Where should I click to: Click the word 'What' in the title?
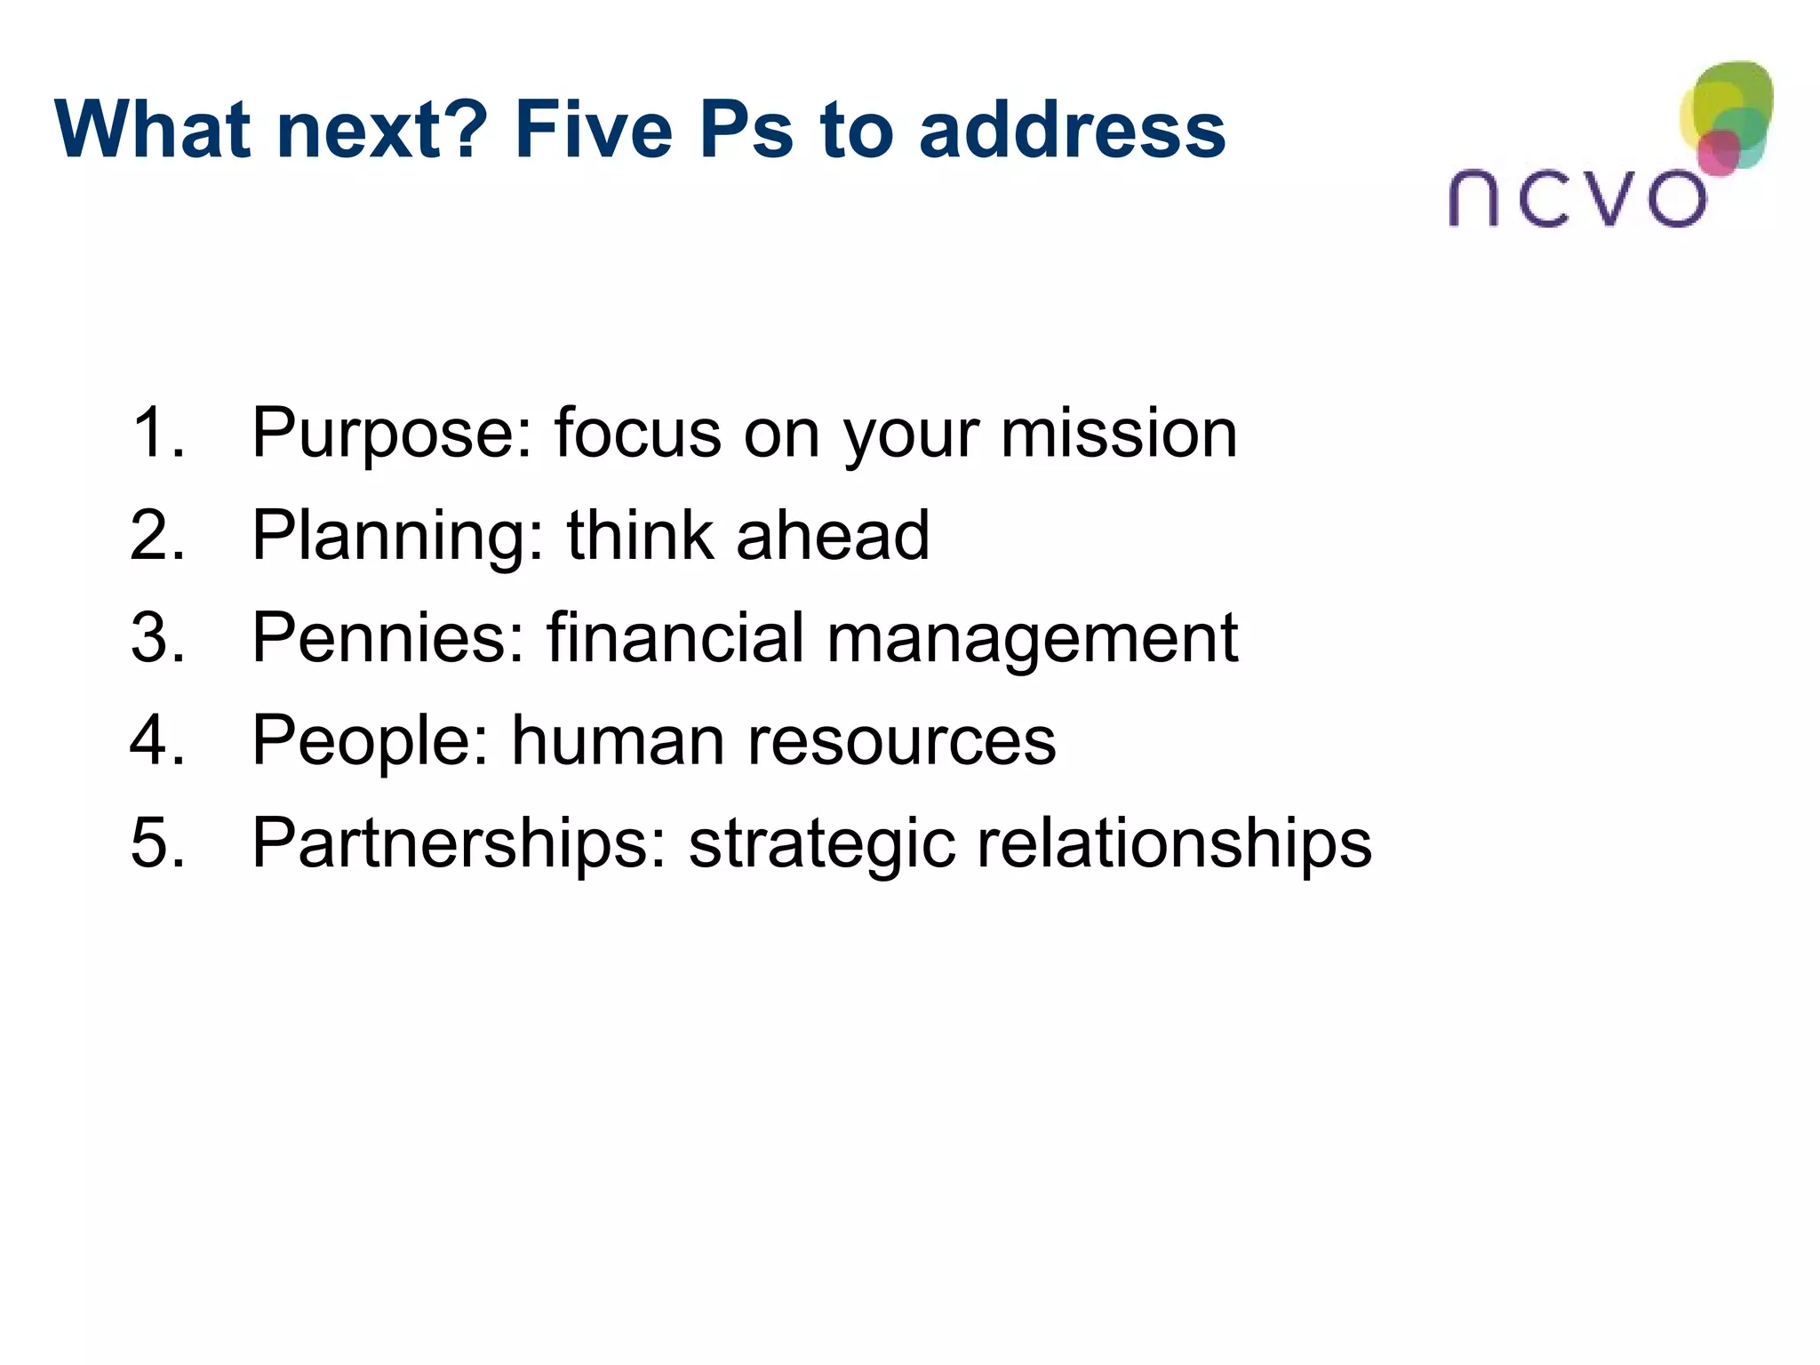pyautogui.click(x=155, y=130)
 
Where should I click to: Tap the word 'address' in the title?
pyautogui.click(x=1072, y=130)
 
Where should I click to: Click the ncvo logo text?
pyautogui.click(x=1577, y=198)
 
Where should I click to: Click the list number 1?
pyautogui.click(x=157, y=433)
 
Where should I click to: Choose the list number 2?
pyautogui.click(x=157, y=535)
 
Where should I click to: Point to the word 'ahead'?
pyautogui.click(x=833, y=535)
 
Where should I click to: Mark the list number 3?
pyautogui.click(x=157, y=637)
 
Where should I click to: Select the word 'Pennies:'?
pyautogui.click(x=388, y=637)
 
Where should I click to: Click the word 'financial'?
pyautogui.click(x=675, y=637)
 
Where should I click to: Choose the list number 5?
pyautogui.click(x=157, y=842)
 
